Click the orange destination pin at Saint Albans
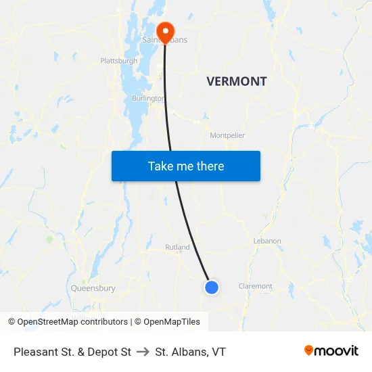tap(165, 31)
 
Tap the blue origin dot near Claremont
tap(212, 287)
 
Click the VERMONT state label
tap(236, 82)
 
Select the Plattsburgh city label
tap(118, 61)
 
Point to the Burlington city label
tap(147, 98)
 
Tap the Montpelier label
tap(227, 135)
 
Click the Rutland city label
tap(177, 248)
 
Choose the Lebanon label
tap(266, 241)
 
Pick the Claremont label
tap(256, 286)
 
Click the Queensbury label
tap(93, 288)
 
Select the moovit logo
tap(331, 350)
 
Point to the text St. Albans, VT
tap(190, 352)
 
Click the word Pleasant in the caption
tap(34, 352)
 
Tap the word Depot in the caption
tap(106, 352)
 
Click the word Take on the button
tap(160, 166)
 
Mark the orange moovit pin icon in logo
tap(309, 350)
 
